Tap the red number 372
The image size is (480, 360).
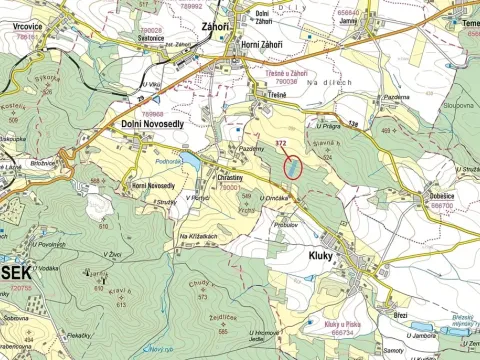[x=282, y=145]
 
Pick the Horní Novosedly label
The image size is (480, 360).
[x=155, y=185]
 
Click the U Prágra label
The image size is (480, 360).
[x=330, y=125]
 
